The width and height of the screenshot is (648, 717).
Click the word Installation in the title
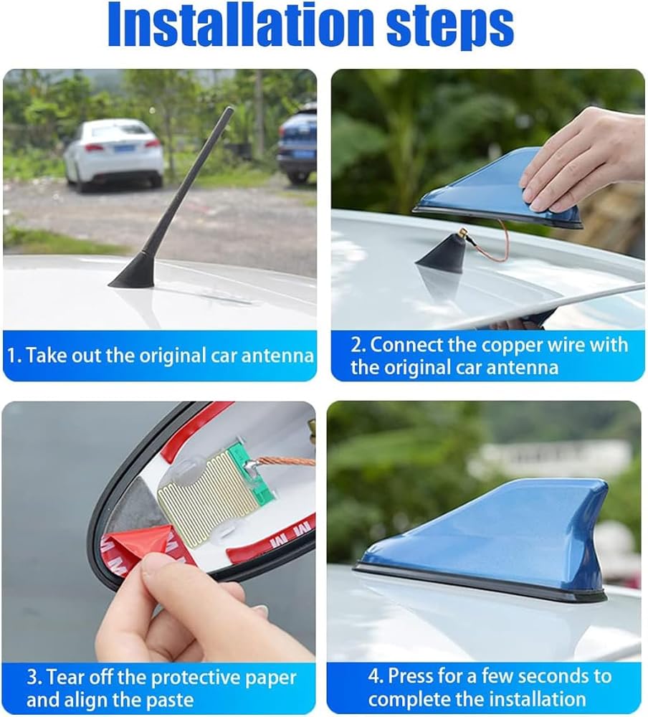(x=243, y=24)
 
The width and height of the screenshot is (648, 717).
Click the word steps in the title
(x=450, y=27)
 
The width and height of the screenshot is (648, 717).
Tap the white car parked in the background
(x=113, y=153)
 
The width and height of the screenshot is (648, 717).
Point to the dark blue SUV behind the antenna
(x=297, y=143)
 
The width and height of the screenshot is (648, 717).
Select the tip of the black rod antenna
(x=230, y=108)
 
